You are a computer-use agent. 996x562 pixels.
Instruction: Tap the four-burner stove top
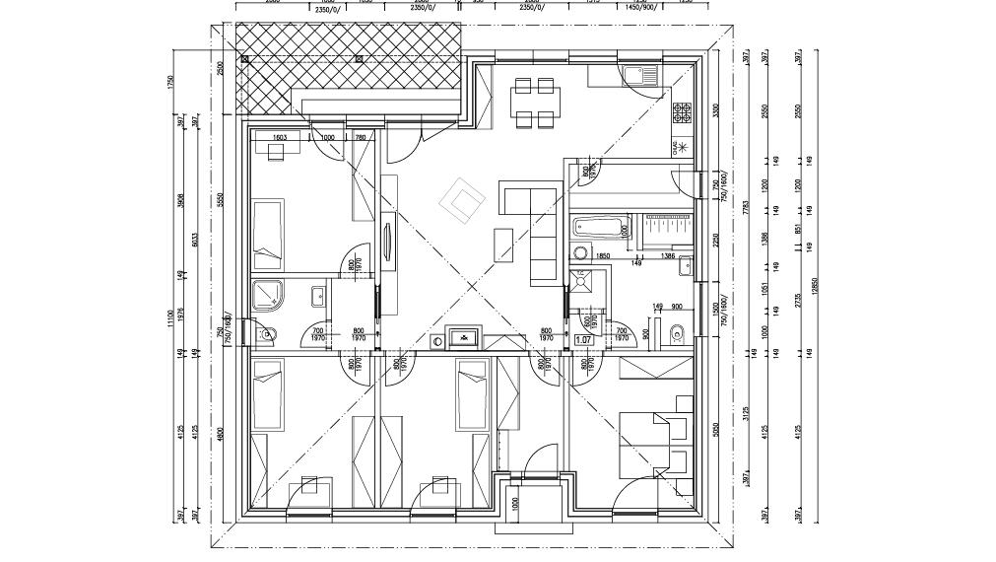tap(682, 113)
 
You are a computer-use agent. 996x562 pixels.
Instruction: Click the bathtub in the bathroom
tap(598, 226)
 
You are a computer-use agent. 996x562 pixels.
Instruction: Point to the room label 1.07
tap(583, 340)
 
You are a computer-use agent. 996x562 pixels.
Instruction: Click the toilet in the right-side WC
tap(675, 332)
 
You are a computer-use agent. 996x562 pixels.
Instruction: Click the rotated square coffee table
tap(461, 200)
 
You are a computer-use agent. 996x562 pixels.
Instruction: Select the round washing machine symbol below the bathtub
tap(581, 250)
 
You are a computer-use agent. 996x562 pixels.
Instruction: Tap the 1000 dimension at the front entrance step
tap(515, 503)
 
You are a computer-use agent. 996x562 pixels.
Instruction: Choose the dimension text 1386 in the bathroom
tap(668, 256)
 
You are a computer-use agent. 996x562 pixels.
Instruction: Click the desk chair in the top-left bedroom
tap(274, 150)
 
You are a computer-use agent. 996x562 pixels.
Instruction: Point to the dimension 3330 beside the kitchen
tap(715, 109)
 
